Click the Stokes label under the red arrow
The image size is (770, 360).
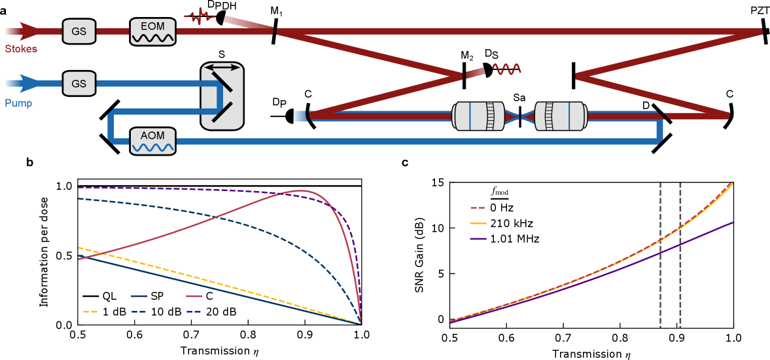(21, 49)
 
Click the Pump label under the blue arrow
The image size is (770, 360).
(19, 103)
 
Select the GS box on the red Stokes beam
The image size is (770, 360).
(79, 31)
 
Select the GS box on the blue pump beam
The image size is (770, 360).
(79, 84)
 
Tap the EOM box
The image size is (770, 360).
(153, 31)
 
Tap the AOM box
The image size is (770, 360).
(153, 141)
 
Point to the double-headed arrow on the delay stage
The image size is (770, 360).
(222, 67)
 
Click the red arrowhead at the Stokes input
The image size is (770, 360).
(29, 31)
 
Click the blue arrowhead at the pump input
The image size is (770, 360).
(29, 84)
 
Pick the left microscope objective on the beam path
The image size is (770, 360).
(479, 117)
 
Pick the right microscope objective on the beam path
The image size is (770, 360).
(560, 117)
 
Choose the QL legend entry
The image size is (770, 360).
(101, 296)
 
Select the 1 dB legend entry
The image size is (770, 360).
(101, 312)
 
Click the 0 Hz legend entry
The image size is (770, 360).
(494, 207)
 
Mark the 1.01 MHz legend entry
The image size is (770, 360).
(504, 239)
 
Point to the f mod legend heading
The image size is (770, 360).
(500, 192)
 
